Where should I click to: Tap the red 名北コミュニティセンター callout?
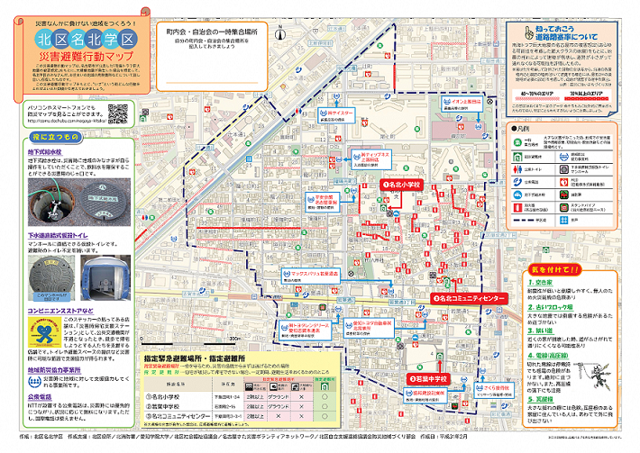click(470, 296)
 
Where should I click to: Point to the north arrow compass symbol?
click(283, 35)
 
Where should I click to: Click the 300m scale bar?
click(231, 339)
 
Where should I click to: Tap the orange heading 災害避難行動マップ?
click(88, 58)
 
